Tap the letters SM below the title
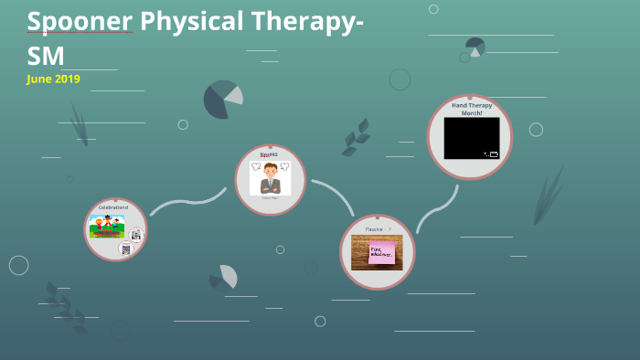click(46, 55)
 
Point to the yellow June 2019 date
click(54, 79)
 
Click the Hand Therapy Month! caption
click(471, 109)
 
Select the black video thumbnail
click(472, 138)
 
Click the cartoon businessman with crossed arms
click(270, 177)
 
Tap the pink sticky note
click(380, 252)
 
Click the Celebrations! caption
click(113, 207)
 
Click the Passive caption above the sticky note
click(375, 228)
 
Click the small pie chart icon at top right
click(475, 46)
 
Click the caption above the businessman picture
click(269, 155)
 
